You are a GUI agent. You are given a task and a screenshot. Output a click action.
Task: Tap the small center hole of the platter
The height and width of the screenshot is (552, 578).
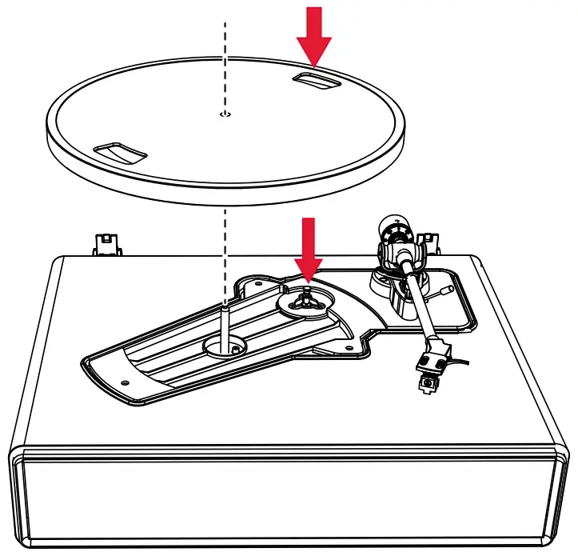click(x=225, y=115)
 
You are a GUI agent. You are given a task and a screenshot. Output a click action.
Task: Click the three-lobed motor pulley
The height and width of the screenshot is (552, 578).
click(x=307, y=299)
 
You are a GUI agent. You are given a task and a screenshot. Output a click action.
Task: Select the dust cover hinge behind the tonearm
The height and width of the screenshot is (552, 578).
click(x=427, y=242)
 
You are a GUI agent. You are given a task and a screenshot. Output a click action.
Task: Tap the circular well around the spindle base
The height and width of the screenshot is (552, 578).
click(x=226, y=345)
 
